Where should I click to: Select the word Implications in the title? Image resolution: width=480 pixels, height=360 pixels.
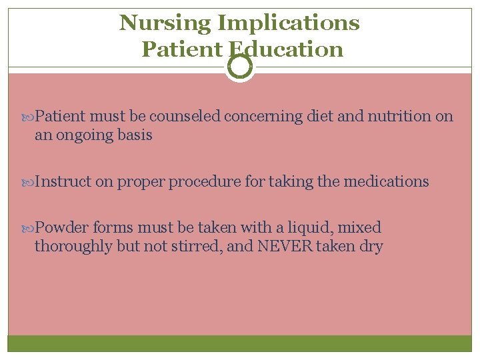289,23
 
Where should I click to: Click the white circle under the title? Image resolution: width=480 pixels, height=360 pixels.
240,66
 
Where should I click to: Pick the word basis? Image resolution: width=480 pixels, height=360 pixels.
135,135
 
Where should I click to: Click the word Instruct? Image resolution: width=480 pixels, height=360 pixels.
63,181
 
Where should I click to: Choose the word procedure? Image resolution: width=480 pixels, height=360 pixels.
205,181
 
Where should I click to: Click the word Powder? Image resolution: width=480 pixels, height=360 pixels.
61,228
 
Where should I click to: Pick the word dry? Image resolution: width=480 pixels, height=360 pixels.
372,247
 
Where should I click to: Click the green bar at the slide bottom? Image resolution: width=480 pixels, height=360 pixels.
240,343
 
